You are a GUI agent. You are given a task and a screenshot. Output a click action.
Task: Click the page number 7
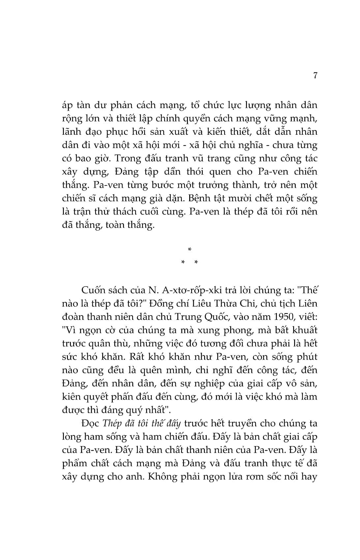(x=315, y=76)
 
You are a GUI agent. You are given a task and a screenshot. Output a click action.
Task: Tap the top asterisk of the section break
(x=189, y=250)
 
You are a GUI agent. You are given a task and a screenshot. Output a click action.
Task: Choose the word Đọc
(x=90, y=423)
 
